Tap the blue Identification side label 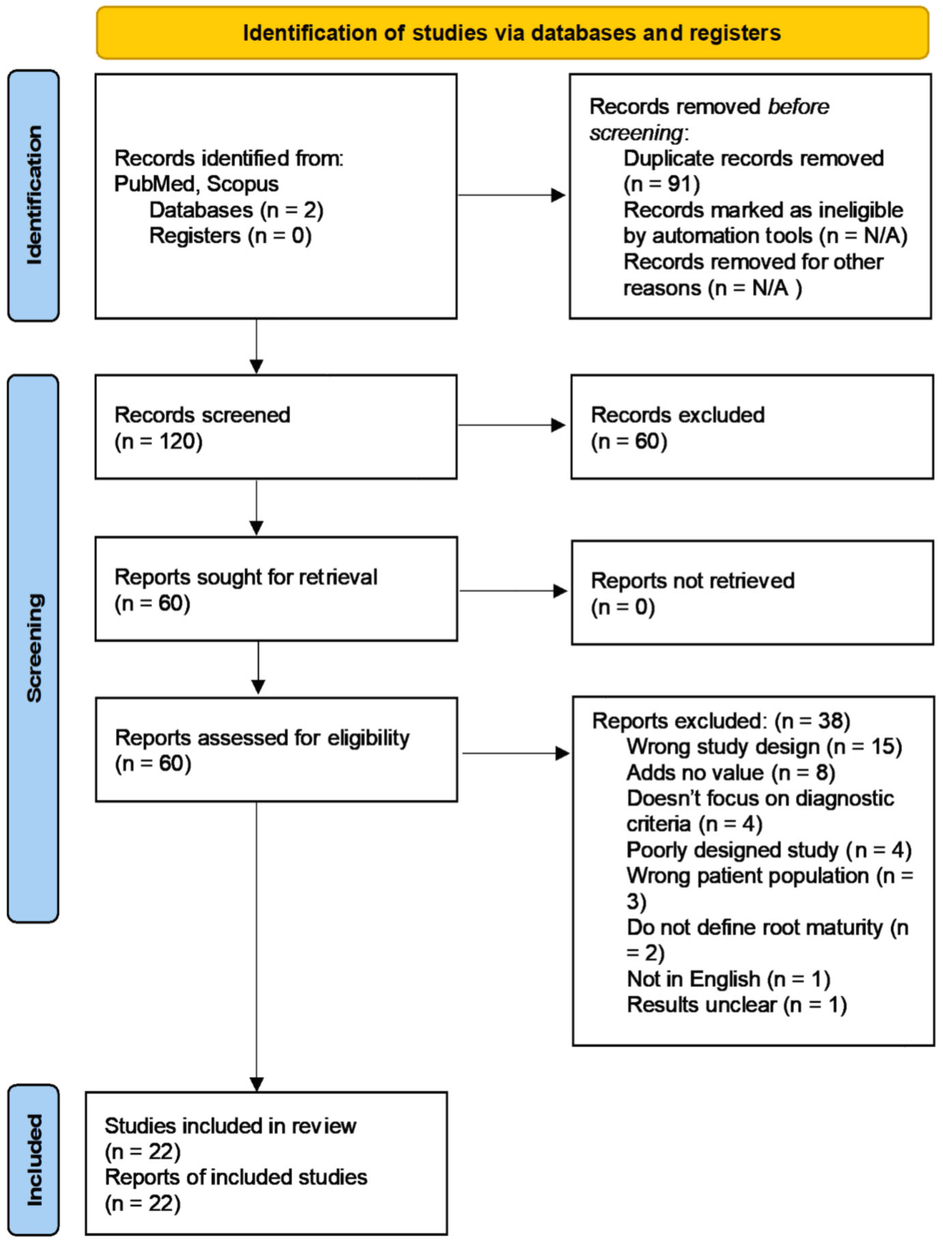(x=33, y=195)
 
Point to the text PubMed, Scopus (x=196, y=184)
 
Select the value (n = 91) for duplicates (x=661, y=184)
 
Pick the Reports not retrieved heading (x=692, y=581)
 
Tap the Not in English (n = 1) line (x=728, y=979)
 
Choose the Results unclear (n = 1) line (x=736, y=1005)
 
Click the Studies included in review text (x=230, y=1126)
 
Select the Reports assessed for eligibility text (x=262, y=738)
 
